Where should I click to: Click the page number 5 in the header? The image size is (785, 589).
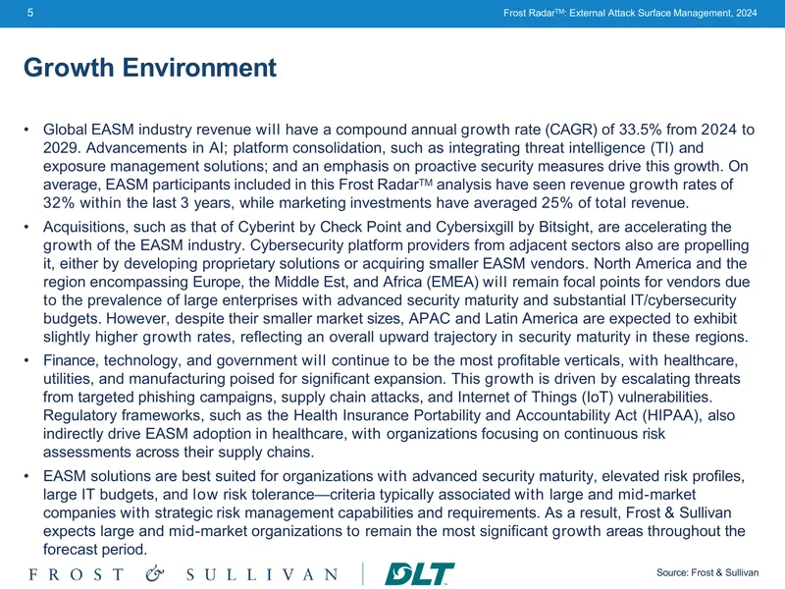tap(30, 13)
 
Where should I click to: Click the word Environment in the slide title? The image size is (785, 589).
tap(199, 68)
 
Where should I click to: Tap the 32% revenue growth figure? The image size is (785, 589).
tap(59, 203)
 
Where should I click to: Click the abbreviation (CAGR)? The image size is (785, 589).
tap(571, 130)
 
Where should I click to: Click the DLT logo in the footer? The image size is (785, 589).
tap(419, 573)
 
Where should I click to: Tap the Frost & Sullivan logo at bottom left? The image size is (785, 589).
tap(183, 574)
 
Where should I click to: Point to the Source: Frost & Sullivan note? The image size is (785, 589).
tap(707, 572)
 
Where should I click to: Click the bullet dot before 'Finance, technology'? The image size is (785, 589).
tap(26, 360)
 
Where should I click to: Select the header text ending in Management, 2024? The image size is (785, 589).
tap(630, 13)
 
